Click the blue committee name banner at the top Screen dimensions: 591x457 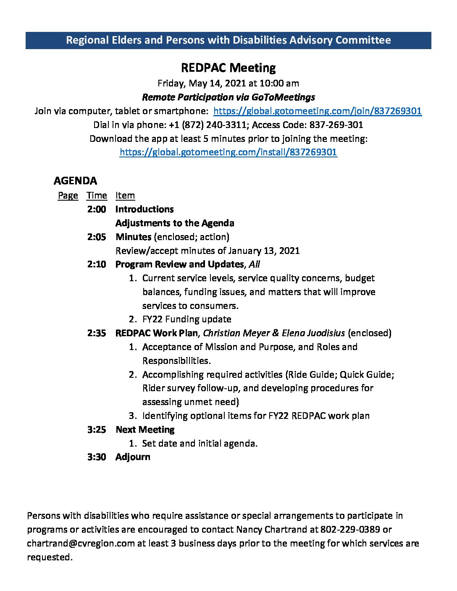point(228,40)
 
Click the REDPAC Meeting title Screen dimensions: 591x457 point(228,68)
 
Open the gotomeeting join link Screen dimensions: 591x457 point(318,111)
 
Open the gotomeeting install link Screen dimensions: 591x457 point(228,152)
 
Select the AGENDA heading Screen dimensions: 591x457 point(75,181)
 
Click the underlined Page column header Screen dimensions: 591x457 point(68,196)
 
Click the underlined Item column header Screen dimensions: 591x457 point(125,196)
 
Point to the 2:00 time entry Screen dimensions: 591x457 point(97,209)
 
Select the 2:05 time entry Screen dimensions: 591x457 point(97,237)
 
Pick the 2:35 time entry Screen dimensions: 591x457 point(97,333)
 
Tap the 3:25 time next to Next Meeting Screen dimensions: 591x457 point(97,430)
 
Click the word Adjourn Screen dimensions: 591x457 point(133,457)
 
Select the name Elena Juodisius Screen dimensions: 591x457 point(313,333)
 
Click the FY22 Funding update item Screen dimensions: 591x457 point(186,319)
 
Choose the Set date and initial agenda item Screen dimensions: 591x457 point(200,443)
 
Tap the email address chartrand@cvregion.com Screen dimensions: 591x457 point(81,544)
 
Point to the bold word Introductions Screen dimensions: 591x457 point(144,209)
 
